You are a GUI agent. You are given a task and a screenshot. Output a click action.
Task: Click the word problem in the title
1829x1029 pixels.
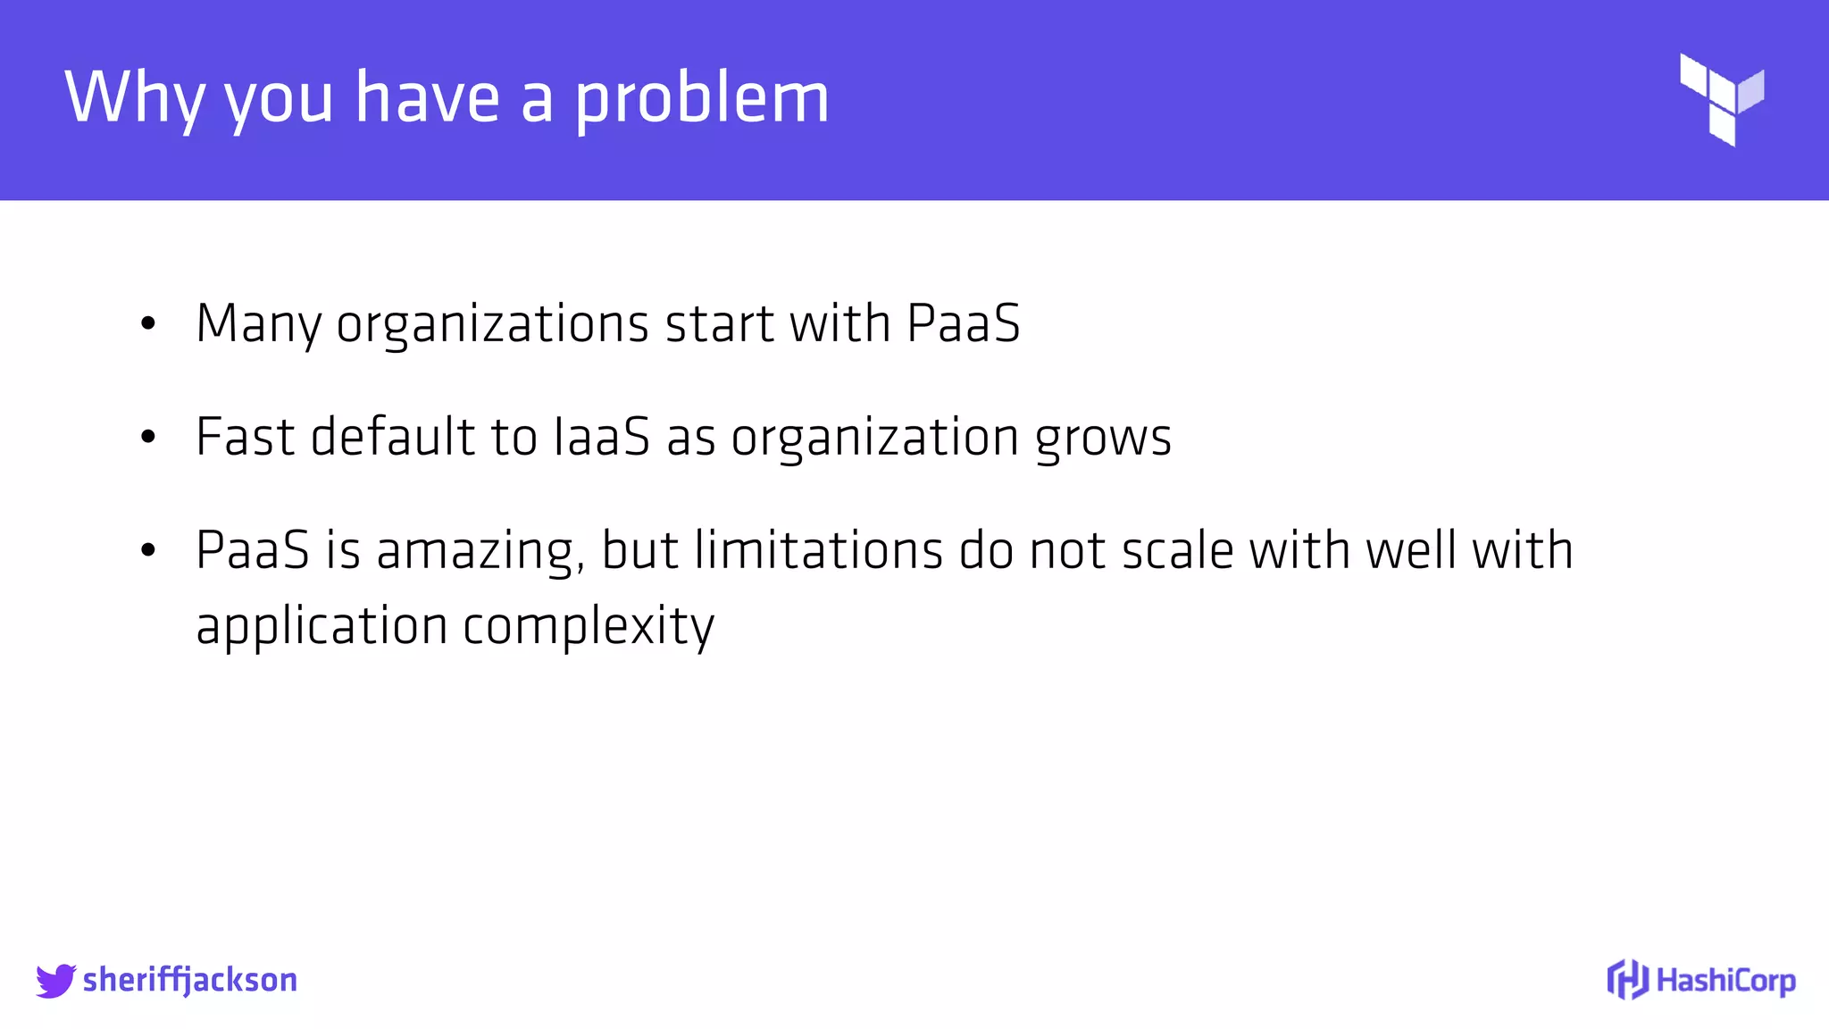(702, 98)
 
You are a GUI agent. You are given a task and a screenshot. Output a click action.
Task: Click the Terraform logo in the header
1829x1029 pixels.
(1721, 99)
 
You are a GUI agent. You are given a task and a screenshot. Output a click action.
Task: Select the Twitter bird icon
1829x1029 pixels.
(55, 980)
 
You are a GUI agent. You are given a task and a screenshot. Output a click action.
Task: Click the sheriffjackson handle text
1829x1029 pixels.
(189, 980)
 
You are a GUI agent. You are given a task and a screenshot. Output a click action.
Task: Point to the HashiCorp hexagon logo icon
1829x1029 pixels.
(1627, 979)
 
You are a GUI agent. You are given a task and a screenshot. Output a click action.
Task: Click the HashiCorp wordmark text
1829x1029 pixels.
(1725, 980)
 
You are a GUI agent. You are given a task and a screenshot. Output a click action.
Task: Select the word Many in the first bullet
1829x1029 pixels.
(258, 323)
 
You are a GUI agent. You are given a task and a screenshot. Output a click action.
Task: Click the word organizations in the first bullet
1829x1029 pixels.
(492, 323)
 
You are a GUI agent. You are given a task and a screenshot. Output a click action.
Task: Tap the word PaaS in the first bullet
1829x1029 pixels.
(963, 323)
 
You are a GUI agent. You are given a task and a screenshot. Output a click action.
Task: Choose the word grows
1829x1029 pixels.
(1103, 438)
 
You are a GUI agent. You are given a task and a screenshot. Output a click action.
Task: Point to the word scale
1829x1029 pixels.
(1177, 550)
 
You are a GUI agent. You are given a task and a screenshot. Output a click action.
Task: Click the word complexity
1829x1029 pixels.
(589, 626)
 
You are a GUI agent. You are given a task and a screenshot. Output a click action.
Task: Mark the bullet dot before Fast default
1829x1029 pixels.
(148, 438)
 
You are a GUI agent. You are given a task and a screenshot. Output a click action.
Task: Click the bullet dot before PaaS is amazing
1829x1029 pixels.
(148, 551)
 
